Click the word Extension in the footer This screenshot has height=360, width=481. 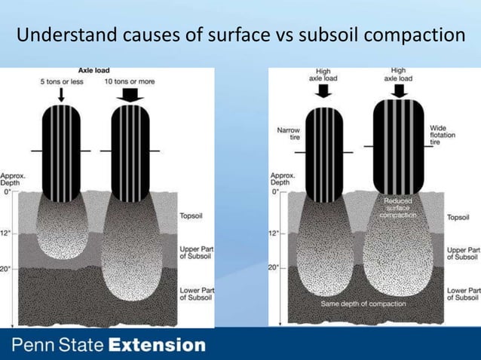click(157, 346)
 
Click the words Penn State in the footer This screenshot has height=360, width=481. click(57, 346)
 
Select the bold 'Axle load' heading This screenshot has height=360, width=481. click(96, 71)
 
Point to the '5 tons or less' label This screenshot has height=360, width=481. click(62, 81)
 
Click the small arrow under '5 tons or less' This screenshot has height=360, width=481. click(62, 95)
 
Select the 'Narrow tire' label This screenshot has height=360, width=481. click(288, 134)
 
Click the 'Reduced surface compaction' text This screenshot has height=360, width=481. click(397, 209)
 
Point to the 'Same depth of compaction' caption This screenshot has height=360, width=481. click(363, 304)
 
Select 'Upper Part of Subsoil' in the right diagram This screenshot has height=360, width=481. click(463, 253)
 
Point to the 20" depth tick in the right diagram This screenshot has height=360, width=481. click(275, 267)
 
